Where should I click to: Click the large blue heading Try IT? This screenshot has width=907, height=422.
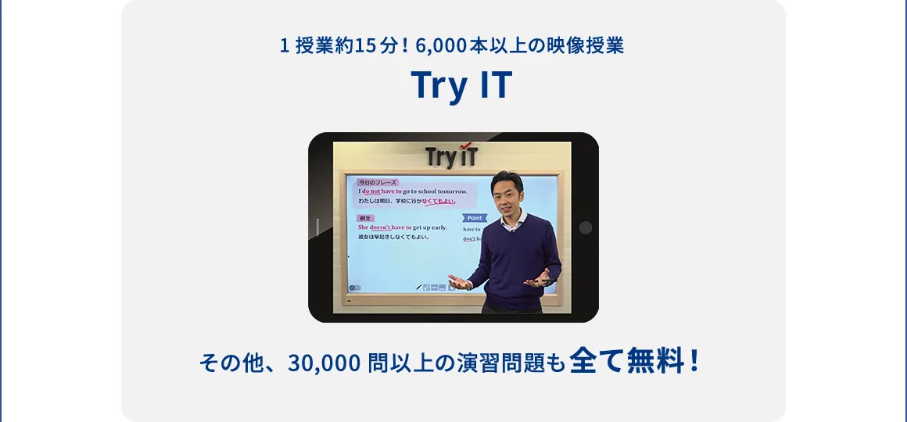[461, 86]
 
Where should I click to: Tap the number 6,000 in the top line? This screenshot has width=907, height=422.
[442, 45]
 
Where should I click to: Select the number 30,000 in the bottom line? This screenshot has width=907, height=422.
[324, 363]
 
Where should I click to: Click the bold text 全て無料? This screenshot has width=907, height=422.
[627, 361]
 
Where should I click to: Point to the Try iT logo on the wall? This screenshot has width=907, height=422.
[452, 156]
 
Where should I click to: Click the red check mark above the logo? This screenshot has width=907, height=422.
[467, 145]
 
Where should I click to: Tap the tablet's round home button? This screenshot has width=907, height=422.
[585, 227]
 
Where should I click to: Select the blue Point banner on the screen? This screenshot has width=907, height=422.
[474, 218]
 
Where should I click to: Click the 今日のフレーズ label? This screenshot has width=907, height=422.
[378, 183]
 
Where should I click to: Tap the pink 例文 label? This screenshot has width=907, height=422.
[366, 218]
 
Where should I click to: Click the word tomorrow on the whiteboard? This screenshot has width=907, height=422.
[452, 191]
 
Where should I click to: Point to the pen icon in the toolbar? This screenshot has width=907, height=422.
[419, 288]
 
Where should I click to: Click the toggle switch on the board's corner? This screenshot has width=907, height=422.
[355, 288]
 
